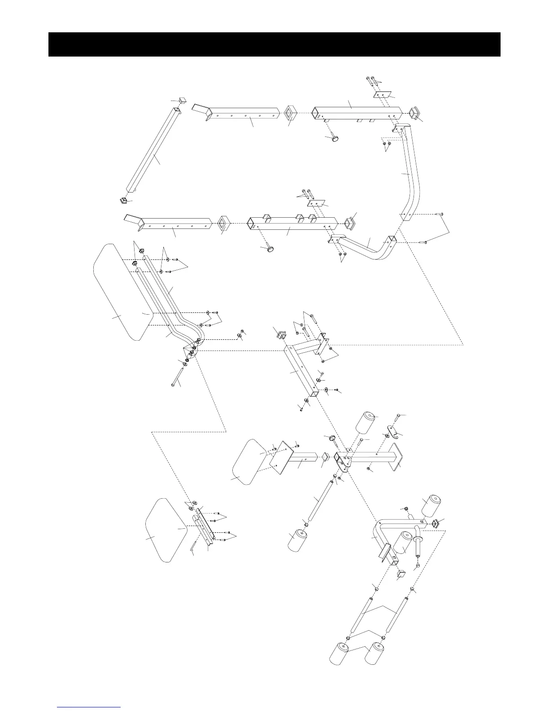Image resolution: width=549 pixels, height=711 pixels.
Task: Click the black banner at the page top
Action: (x=274, y=44)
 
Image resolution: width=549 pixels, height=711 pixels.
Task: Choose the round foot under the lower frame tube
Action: (x=270, y=249)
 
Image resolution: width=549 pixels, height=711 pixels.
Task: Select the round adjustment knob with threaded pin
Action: (x=333, y=439)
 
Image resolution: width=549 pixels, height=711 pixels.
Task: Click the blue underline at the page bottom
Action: (x=90, y=707)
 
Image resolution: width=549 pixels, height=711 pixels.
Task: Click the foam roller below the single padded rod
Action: (x=299, y=541)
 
